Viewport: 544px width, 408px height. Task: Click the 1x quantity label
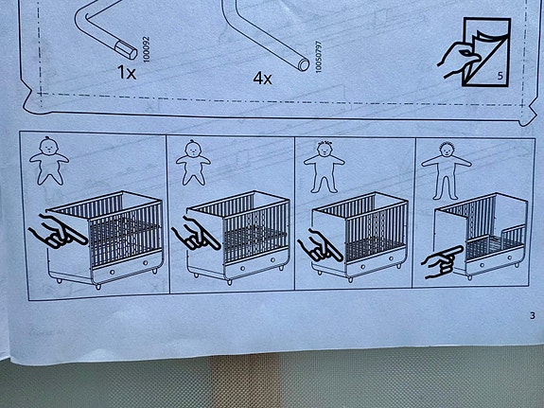point(127,72)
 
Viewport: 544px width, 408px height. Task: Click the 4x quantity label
point(262,79)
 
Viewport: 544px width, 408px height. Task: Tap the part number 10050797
point(319,57)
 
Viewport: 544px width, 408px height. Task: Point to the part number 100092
point(146,49)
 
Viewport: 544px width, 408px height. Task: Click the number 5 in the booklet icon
point(500,76)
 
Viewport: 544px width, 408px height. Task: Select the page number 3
point(533,315)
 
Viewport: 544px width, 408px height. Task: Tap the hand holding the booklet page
point(457,60)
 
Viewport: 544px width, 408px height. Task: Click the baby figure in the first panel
point(49,161)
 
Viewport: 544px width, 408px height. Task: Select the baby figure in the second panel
point(193,163)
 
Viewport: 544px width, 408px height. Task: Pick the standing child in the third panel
point(325,167)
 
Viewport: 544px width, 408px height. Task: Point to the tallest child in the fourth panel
point(447,170)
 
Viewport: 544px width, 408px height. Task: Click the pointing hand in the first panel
point(58,232)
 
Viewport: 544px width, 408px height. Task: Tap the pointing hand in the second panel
point(196,234)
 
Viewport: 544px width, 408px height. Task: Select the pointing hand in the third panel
point(320,246)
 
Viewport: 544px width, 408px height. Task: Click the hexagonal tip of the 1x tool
point(126,49)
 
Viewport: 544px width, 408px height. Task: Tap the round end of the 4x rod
point(304,64)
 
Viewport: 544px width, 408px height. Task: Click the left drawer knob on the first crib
point(112,272)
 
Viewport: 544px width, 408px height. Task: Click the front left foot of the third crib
point(350,279)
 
